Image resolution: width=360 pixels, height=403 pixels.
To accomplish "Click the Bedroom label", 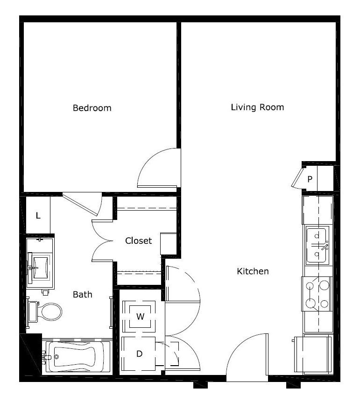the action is click(92, 108).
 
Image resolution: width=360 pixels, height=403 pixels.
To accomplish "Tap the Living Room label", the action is click(257, 107).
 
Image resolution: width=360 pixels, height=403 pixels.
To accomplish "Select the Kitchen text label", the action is click(253, 271).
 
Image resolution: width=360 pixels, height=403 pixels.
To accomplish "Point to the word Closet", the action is click(138, 241).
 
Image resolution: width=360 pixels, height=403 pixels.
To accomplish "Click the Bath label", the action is click(83, 295).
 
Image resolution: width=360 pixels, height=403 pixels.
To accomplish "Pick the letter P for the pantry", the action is click(310, 179).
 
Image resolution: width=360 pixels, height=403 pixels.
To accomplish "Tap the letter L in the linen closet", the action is click(38, 215).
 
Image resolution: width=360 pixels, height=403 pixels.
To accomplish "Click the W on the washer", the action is click(140, 317).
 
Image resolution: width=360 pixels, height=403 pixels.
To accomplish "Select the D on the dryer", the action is click(139, 354).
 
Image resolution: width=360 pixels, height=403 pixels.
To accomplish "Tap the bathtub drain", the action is click(56, 357).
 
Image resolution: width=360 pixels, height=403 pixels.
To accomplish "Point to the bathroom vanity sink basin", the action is click(41, 268).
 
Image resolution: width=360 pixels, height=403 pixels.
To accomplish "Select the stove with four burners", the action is click(317, 294).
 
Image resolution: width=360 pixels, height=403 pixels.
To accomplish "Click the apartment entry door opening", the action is click(247, 378).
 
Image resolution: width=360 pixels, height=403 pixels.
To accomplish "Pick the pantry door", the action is click(297, 178).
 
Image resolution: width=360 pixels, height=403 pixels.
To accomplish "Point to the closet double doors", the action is click(102, 241).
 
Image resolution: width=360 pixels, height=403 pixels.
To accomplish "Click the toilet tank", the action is click(33, 312).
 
